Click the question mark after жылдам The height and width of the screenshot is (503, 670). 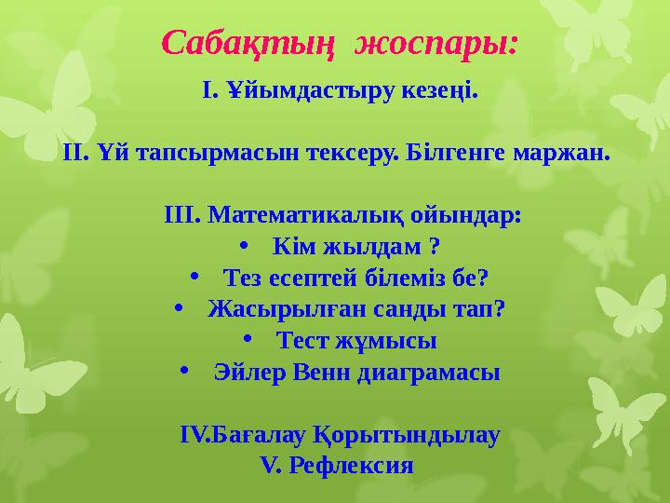point(434,248)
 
